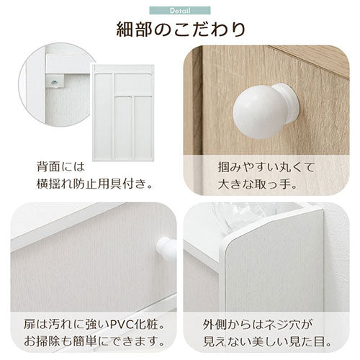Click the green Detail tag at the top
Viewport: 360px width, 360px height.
[180, 11]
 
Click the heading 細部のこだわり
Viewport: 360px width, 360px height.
[181, 30]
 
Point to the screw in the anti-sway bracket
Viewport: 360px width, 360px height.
[54, 83]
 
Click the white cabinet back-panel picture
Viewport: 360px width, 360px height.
[123, 113]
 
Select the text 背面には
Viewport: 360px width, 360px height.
[61, 167]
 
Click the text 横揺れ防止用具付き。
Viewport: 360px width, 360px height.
[94, 184]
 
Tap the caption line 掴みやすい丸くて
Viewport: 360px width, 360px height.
[266, 167]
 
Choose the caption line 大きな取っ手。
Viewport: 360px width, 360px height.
[258, 184]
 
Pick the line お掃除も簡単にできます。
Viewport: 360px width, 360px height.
[95, 342]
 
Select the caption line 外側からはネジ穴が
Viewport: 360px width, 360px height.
[258, 325]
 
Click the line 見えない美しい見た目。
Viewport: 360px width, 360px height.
[266, 342]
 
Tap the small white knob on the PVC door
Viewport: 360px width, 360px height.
[166, 248]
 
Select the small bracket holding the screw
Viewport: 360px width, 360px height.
[55, 81]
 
